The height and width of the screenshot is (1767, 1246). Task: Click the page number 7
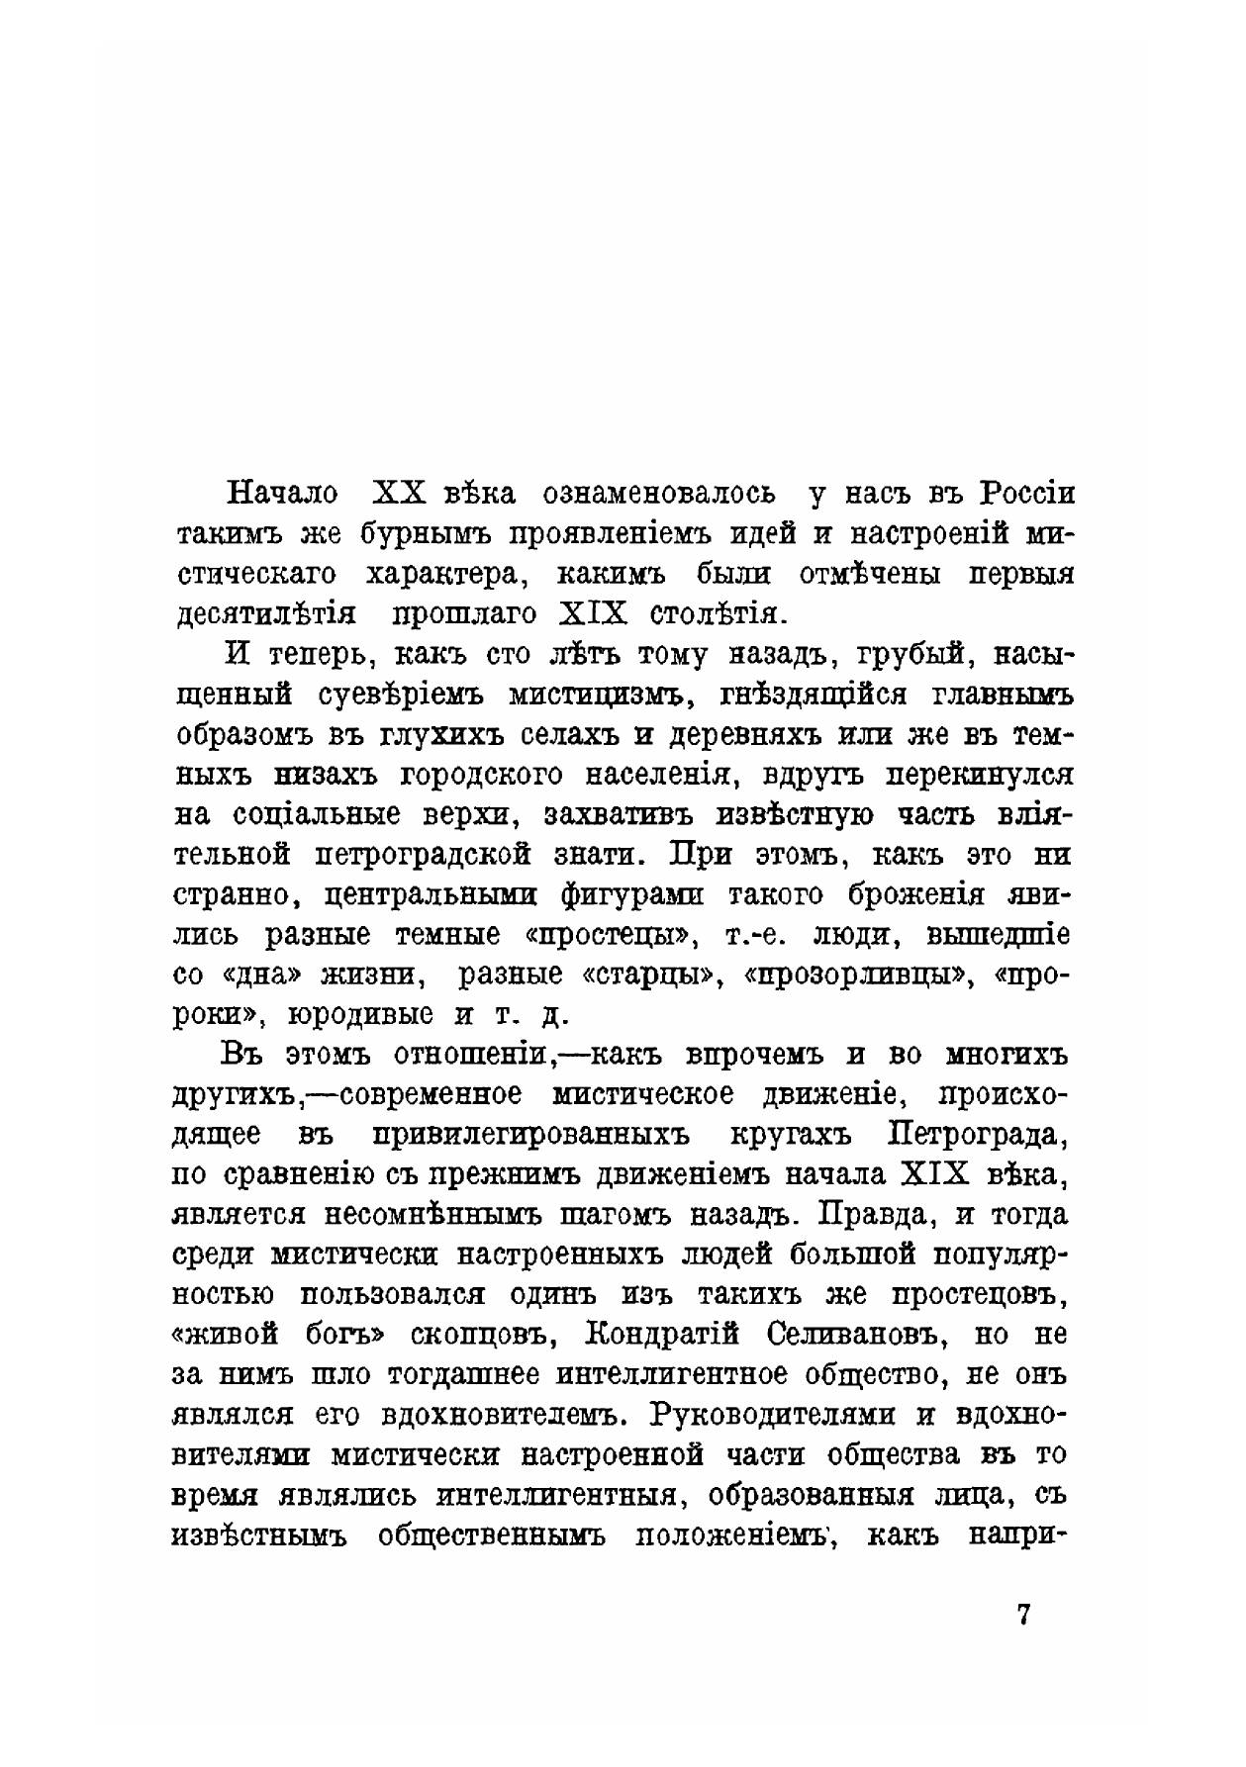pyautogui.click(x=1024, y=1616)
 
